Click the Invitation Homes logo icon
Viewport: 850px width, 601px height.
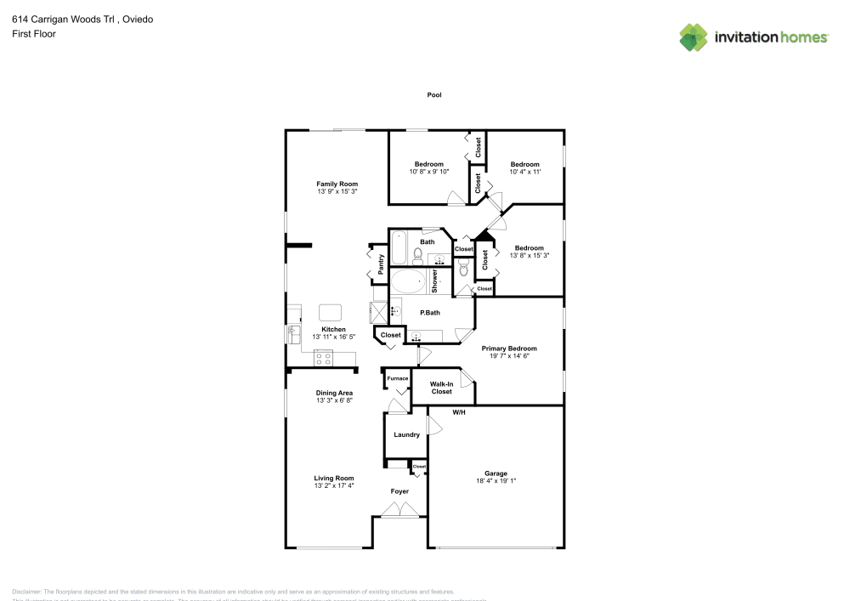click(x=694, y=37)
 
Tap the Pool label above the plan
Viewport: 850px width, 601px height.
click(x=434, y=95)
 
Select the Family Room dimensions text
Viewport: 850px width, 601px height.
click(x=337, y=192)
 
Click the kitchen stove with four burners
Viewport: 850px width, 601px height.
click(x=323, y=358)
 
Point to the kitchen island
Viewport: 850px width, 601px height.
click(x=330, y=311)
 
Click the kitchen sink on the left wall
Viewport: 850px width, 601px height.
click(x=293, y=330)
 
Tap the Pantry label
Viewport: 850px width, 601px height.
click(x=381, y=264)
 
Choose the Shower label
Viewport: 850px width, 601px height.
click(x=434, y=281)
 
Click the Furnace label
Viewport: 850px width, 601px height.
click(x=398, y=378)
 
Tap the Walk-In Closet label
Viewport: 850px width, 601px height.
click(x=441, y=387)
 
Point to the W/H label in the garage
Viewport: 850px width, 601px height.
click(x=459, y=412)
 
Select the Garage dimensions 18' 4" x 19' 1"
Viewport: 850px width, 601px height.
click(x=496, y=481)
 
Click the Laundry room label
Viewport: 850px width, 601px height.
click(x=406, y=434)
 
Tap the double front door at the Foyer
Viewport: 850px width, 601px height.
click(x=399, y=510)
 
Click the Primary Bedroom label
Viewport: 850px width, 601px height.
click(x=509, y=349)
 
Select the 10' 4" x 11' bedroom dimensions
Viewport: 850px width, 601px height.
click(x=524, y=172)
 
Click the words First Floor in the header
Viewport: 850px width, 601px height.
click(x=34, y=34)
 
